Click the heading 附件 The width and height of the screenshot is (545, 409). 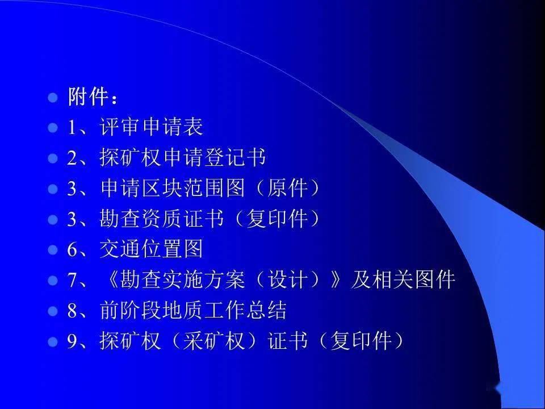point(87,96)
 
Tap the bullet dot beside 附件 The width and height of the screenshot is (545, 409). point(52,97)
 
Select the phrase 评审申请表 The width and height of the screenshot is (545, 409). point(151,127)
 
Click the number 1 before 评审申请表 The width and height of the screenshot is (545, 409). point(72,127)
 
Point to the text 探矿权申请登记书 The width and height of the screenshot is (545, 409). point(183,157)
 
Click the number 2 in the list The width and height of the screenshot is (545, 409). point(72,158)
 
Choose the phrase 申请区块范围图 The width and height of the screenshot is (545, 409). point(173,188)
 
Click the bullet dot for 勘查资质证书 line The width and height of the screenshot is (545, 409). point(52,220)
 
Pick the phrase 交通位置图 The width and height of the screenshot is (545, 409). point(151,249)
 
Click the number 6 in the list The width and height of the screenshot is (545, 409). point(72,250)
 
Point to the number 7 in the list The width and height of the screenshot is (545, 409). point(72,280)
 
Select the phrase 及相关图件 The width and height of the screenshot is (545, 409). point(403,279)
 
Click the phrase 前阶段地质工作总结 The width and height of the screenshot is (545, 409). point(193,310)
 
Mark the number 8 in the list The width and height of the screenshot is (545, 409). point(72,311)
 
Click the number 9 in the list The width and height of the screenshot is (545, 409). point(72,341)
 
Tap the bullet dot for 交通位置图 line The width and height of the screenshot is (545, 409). point(52,250)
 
